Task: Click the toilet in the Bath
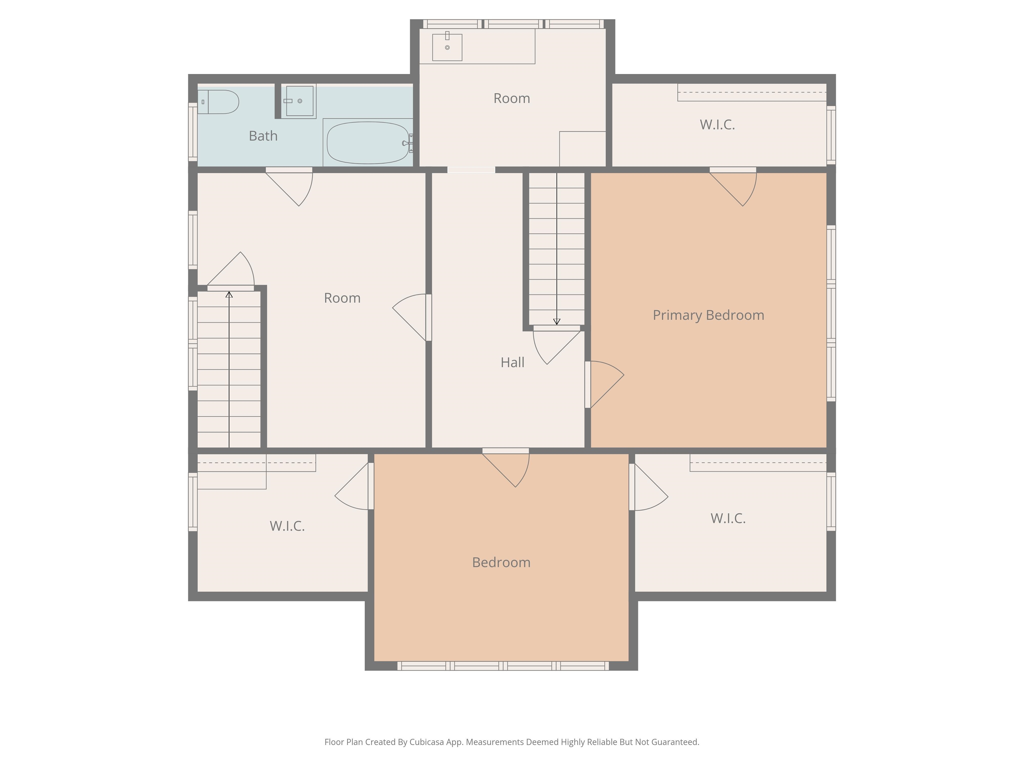pos(218,102)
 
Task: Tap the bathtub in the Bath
pos(368,143)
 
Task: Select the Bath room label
pos(263,136)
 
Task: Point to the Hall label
pos(512,362)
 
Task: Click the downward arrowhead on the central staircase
pos(557,321)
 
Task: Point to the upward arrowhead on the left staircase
pos(229,294)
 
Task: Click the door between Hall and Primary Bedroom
pos(604,384)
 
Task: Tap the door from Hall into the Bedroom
pos(506,468)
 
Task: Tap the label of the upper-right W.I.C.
pos(717,125)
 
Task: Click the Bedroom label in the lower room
pos(501,562)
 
